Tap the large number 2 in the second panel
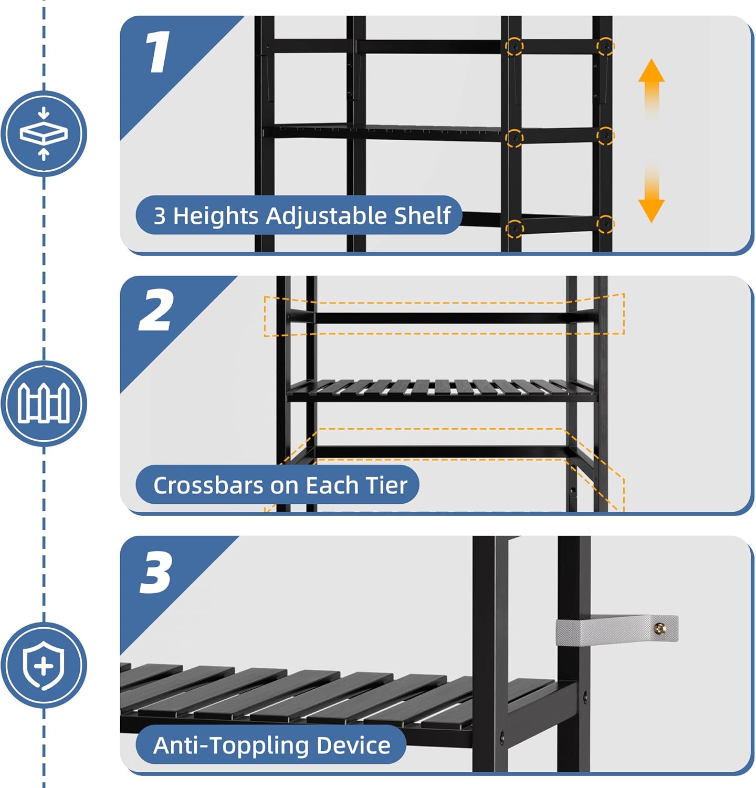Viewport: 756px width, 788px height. tap(155, 310)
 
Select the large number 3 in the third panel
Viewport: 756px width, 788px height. tap(156, 573)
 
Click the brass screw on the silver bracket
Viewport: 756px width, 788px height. tap(660, 628)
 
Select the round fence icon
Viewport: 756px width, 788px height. tap(44, 403)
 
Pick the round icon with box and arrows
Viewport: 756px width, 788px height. tap(44, 133)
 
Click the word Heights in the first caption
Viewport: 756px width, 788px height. tap(216, 216)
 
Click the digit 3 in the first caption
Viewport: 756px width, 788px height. tap(160, 216)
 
